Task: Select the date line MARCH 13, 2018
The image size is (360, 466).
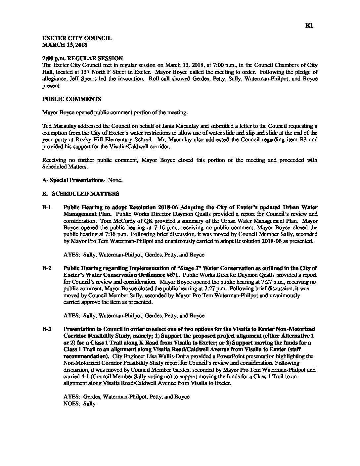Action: [65, 44]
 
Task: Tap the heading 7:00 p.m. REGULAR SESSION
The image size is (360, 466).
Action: [82, 58]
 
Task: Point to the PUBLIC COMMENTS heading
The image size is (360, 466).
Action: [72, 99]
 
